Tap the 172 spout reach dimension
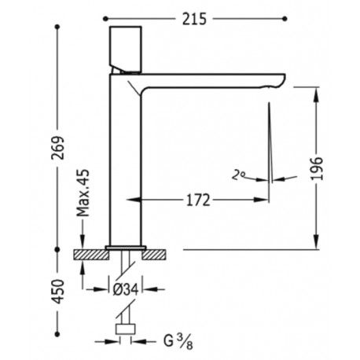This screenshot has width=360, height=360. (198, 200)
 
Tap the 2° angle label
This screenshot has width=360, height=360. (237, 174)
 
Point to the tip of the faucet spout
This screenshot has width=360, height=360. (280, 79)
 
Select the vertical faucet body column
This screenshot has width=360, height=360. (123, 157)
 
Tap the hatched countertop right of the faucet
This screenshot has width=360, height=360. (160, 253)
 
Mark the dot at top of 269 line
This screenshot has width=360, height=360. (57, 27)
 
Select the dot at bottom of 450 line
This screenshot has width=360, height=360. (57, 351)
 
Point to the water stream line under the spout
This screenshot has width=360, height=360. (270, 141)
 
